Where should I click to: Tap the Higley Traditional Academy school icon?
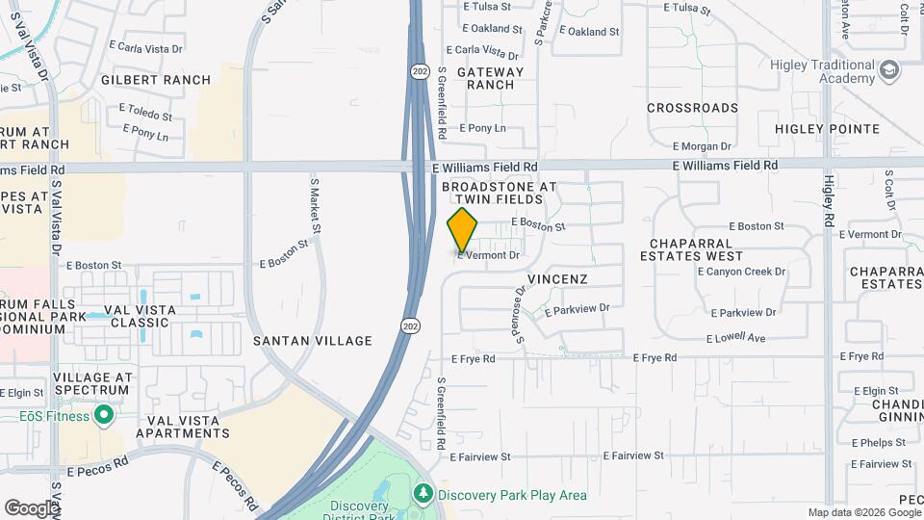coord(890,69)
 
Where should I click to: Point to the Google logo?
coord(31,507)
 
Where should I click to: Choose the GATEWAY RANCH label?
coord(491,78)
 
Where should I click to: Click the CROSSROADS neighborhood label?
coord(692,108)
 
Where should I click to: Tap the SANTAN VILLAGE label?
coord(312,341)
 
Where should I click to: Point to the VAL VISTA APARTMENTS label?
coord(183,428)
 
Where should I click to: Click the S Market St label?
coord(315,204)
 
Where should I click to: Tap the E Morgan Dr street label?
coord(703,146)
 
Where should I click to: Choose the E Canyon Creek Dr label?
coord(741,272)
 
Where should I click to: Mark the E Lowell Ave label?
coord(735,338)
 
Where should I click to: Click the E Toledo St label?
coord(141,115)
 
